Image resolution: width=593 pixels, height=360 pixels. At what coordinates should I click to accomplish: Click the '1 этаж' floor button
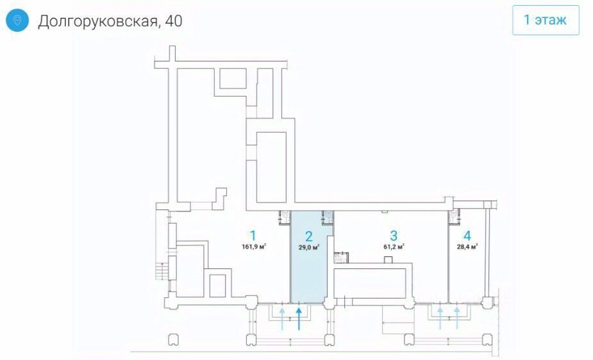[x=545, y=20]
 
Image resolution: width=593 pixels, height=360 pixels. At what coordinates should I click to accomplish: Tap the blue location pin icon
[x=17, y=20]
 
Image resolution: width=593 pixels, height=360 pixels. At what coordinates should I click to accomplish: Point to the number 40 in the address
[x=173, y=21]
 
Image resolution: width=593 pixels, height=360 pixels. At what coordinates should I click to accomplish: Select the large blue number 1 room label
[x=254, y=235]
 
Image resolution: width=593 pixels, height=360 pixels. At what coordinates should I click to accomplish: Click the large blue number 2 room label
[x=308, y=235]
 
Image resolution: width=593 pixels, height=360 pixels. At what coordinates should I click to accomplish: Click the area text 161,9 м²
[x=254, y=247]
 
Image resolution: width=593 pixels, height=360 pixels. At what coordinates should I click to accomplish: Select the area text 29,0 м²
[x=308, y=247]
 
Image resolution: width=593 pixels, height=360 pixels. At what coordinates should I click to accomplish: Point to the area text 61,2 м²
[x=394, y=247]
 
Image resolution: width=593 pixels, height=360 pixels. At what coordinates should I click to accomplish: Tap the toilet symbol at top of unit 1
[x=284, y=217]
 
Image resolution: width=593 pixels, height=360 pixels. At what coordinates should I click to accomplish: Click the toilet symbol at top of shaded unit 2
[x=328, y=217]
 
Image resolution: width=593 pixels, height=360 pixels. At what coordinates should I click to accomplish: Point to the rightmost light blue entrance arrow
[x=456, y=316]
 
